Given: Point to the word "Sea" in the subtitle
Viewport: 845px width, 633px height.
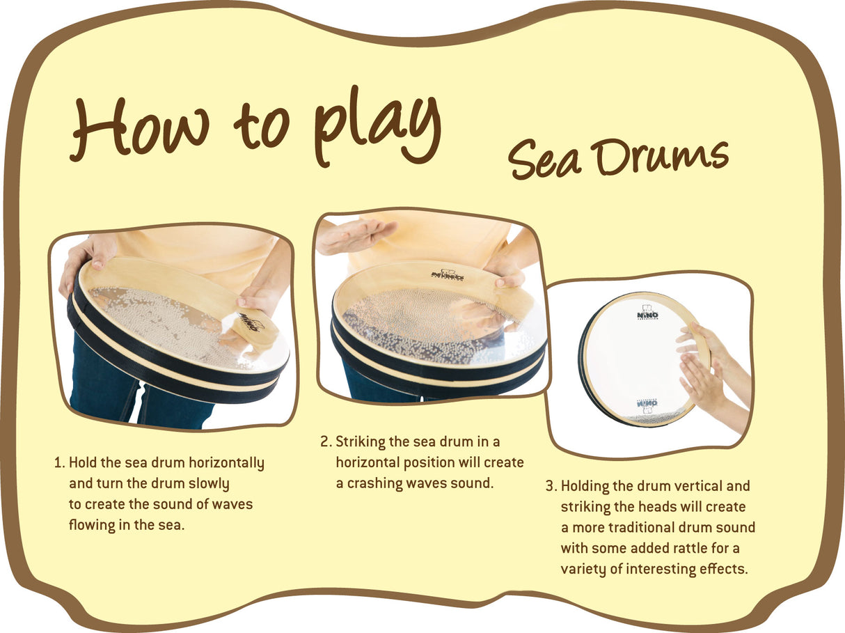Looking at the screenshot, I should (544, 159).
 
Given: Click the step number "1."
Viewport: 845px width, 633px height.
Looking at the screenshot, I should (59, 463).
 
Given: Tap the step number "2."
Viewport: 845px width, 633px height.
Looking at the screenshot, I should (326, 442).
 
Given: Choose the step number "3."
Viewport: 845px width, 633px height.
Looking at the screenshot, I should (551, 486).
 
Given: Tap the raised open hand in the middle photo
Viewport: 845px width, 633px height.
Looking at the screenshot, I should (354, 234).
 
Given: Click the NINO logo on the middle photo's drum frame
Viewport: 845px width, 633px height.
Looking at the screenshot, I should (448, 276).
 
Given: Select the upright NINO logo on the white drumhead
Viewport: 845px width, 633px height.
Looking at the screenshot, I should (647, 314).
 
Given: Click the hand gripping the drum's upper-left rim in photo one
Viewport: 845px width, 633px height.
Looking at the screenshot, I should (85, 258).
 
